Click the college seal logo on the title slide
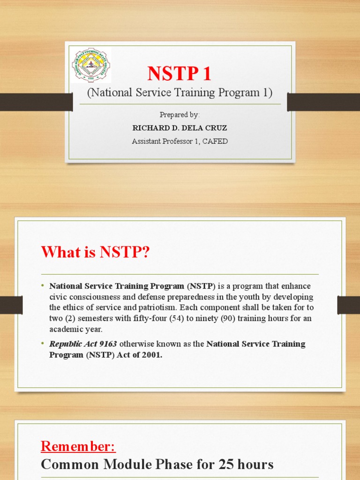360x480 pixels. pyautogui.click(x=91, y=65)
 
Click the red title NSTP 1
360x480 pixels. pyautogui.click(x=180, y=74)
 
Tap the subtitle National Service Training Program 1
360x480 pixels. pyautogui.click(x=180, y=93)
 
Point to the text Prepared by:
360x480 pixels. pyautogui.click(x=180, y=115)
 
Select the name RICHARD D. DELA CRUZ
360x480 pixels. pyautogui.click(x=180, y=128)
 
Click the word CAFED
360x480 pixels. pyautogui.click(x=215, y=141)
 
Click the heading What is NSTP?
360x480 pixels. pyautogui.click(x=95, y=253)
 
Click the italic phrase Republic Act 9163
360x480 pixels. pyautogui.click(x=83, y=344)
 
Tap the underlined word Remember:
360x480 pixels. pyautogui.click(x=78, y=446)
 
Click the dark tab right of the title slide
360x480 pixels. pyautogui.click(x=323, y=102)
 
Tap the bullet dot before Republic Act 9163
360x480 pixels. pyautogui.click(x=42, y=344)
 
